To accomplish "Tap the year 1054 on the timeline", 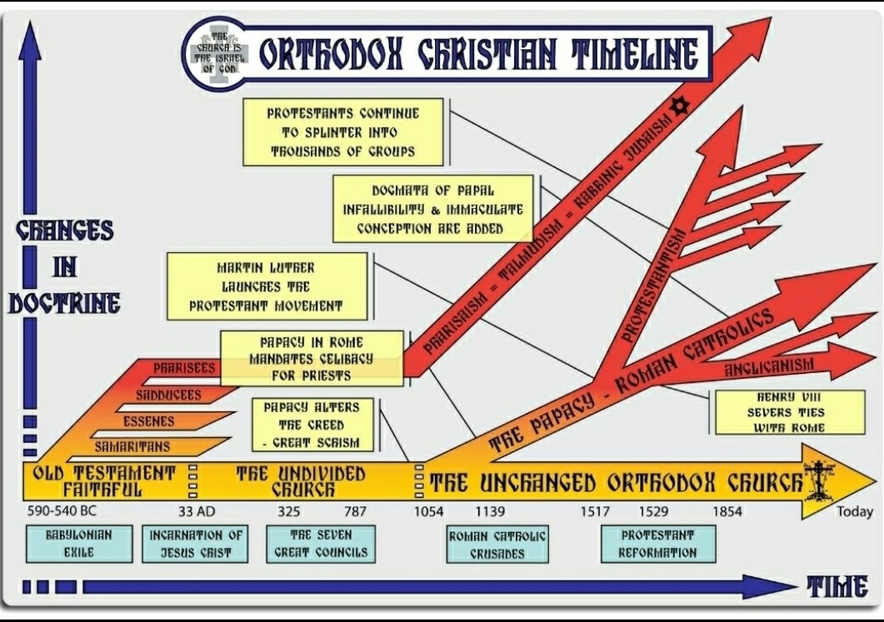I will [x=429, y=511].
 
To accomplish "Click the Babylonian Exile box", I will [x=79, y=543].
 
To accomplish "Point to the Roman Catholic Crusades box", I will [x=497, y=545].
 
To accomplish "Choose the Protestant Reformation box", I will [x=657, y=544].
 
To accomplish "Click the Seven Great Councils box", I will [x=320, y=543].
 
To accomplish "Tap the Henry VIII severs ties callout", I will [x=778, y=412].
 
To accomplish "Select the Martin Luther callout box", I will [x=267, y=286].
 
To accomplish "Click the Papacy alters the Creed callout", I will [x=312, y=423].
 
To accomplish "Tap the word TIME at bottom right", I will [x=836, y=587].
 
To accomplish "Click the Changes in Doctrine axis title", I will [x=64, y=266].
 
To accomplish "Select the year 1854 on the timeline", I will [x=727, y=511].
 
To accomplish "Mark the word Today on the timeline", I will [x=855, y=512].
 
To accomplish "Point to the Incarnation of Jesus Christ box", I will [x=197, y=543].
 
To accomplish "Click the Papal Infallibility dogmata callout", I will [x=432, y=208].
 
